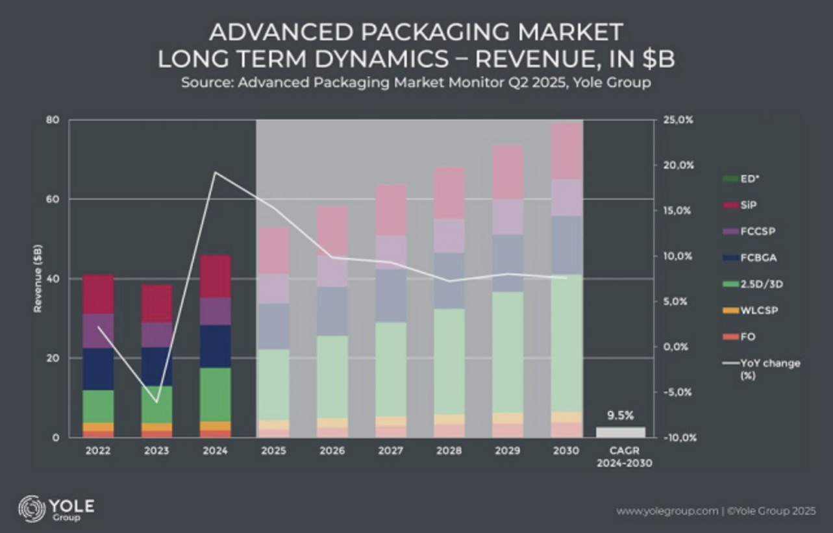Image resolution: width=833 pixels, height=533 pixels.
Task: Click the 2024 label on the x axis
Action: tap(214, 449)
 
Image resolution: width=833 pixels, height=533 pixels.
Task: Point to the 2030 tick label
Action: tap(566, 449)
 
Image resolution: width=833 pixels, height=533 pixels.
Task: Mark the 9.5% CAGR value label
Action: tap(620, 415)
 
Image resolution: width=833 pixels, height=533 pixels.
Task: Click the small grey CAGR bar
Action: tap(620, 432)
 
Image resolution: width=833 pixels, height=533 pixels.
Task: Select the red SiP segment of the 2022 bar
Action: tap(98, 294)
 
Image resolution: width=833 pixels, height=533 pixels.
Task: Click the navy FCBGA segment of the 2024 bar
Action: tap(214, 346)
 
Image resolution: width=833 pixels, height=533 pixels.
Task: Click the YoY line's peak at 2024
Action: tap(214, 172)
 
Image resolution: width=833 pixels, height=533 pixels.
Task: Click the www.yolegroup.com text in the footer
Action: tap(667, 511)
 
